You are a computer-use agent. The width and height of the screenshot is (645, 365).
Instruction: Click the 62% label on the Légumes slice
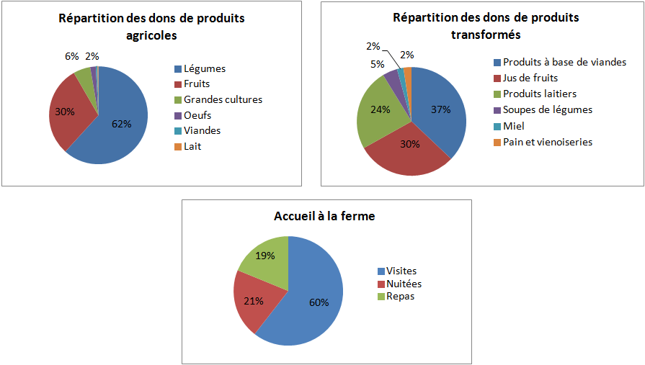pos(121,123)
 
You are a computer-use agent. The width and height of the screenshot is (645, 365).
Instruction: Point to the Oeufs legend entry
pos(197,115)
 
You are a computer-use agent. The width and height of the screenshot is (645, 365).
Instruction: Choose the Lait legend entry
pos(193,146)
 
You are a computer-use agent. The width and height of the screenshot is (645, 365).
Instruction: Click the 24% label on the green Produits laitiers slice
pos(380,110)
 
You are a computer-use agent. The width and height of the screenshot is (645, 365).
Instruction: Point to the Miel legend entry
pos(514,126)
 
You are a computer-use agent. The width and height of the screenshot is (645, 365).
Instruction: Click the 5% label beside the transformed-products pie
pos(378,64)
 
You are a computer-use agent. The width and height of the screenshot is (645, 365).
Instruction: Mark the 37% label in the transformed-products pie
pos(440,109)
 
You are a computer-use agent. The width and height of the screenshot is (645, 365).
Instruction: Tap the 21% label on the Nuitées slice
pos(252,301)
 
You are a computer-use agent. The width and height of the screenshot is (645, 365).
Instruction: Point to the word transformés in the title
pos(486,35)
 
